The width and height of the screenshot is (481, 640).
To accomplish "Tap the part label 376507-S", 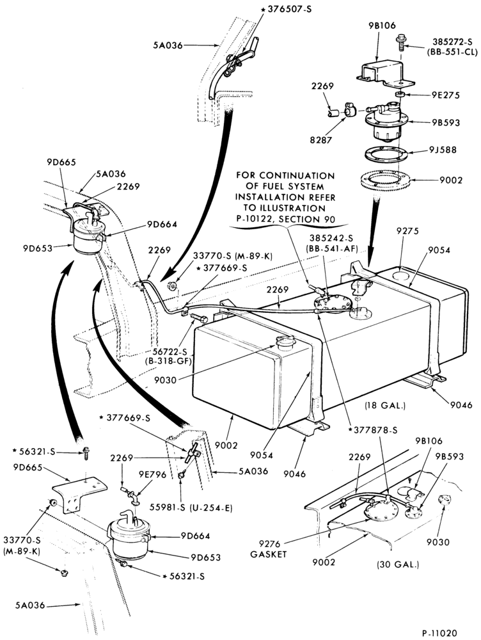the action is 289,9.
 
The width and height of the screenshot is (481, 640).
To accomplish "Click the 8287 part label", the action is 320,140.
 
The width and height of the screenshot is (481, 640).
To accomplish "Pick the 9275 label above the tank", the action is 407,232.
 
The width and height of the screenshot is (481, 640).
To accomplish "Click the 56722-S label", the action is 168,351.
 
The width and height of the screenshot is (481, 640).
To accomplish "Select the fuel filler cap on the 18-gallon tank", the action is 285,341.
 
